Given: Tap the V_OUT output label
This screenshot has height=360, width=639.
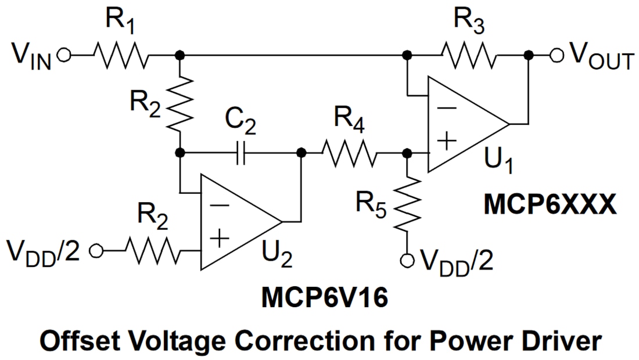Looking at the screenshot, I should pos(601,56).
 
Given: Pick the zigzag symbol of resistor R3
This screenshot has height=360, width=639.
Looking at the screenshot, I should pos(468,55).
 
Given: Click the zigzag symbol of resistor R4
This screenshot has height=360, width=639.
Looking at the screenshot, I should pos(349,153).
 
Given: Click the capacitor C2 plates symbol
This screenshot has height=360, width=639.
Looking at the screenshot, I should pos(242,153).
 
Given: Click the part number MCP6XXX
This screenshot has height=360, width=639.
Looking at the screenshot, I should pos(550,204).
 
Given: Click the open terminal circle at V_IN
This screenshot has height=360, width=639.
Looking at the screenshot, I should pos(64,55).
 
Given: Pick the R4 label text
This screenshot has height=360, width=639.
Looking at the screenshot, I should pos(349,124).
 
